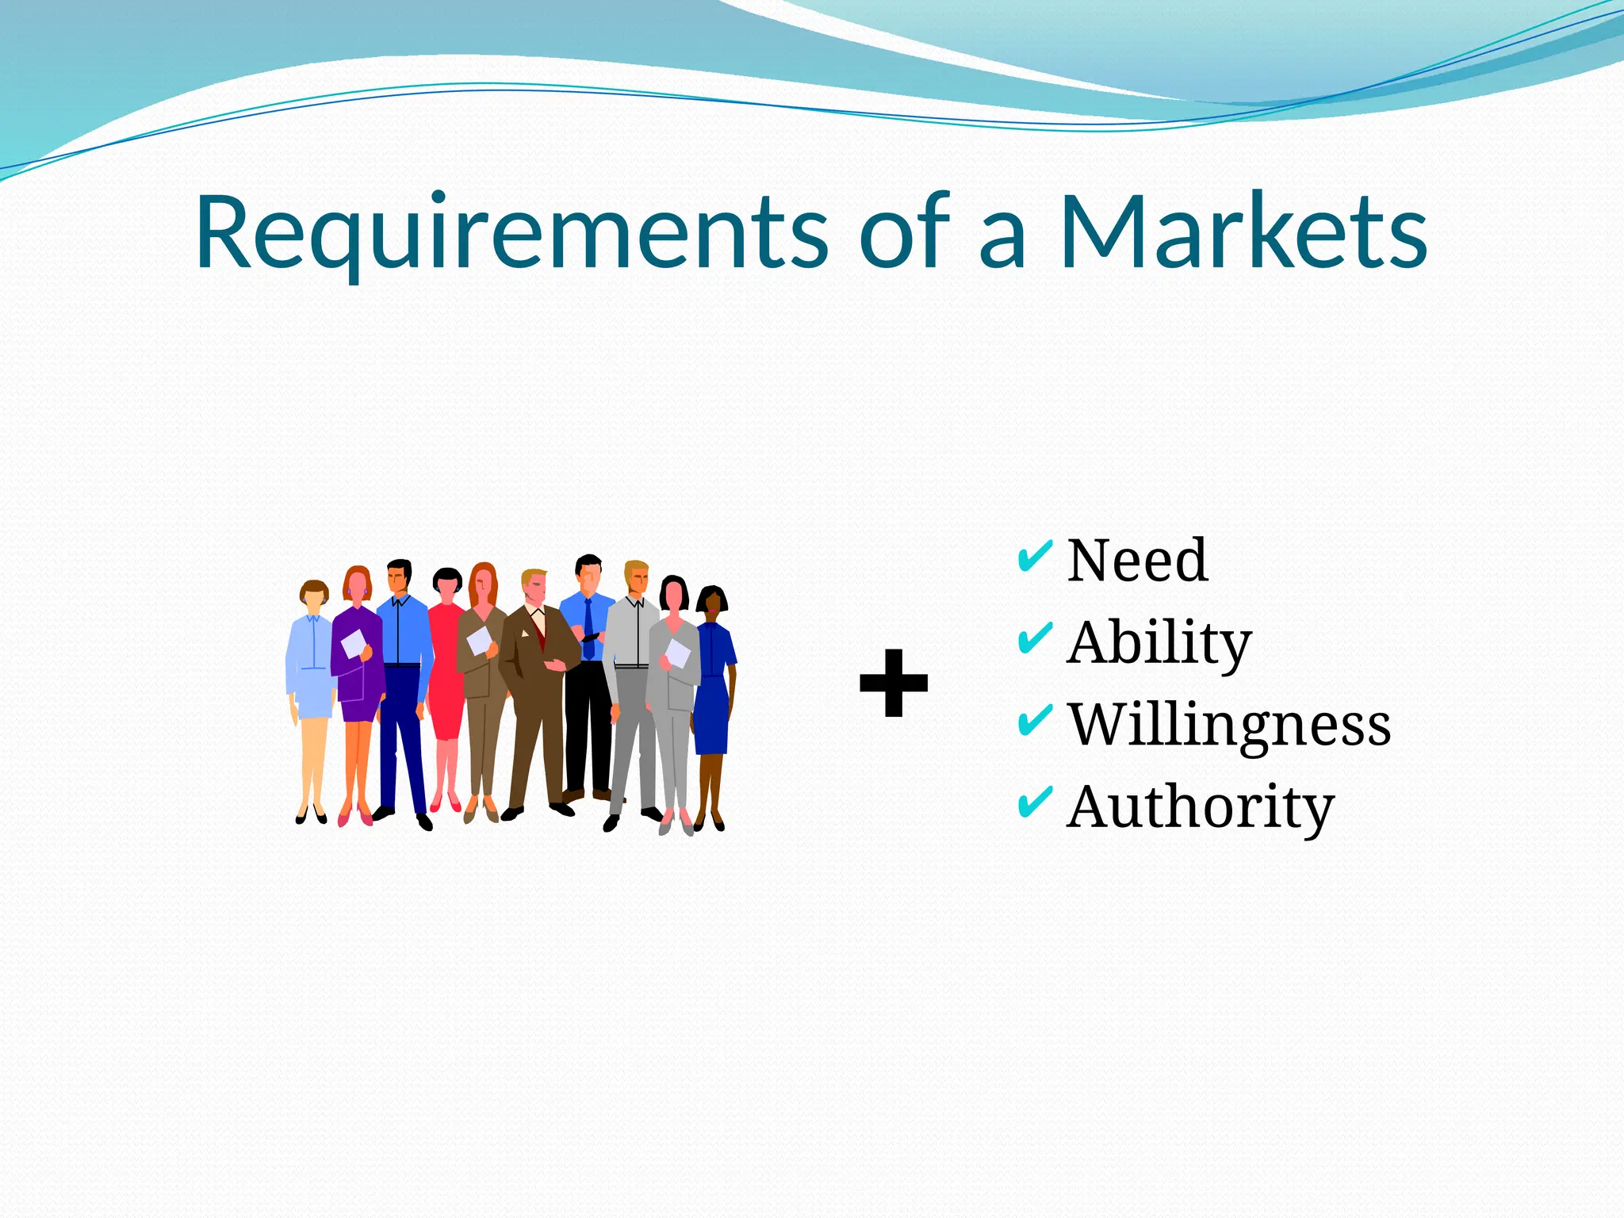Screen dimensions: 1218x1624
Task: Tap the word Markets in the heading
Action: pos(1243,232)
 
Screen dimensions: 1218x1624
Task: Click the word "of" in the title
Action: pos(904,232)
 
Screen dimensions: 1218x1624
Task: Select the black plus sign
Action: pos(894,683)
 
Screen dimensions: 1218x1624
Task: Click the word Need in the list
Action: pos(1138,561)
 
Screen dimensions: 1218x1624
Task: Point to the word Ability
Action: pos(1159,643)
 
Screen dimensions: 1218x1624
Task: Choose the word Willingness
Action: pos(1229,725)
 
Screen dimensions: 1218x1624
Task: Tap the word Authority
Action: pos(1201,807)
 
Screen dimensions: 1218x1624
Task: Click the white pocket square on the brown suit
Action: pos(524,633)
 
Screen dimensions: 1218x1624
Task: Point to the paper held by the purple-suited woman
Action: pos(353,643)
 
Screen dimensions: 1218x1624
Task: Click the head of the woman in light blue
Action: pos(314,596)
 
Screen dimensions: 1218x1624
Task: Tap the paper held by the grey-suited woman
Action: pos(677,653)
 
